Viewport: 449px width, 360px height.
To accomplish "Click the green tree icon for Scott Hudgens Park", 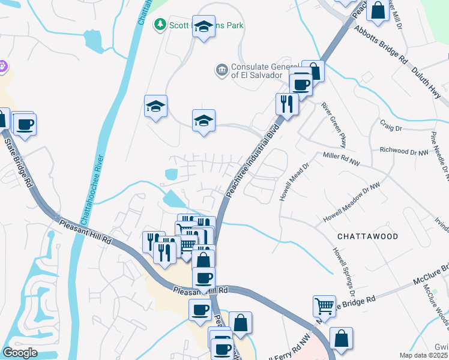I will coord(160,25).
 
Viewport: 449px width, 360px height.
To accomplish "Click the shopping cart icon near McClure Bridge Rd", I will coord(324,306).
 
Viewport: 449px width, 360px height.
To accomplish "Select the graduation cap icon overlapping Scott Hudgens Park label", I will coord(204,26).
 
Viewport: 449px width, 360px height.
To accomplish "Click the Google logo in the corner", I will coord(20,353).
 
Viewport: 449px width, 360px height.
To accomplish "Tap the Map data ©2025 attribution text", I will coord(423,355).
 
